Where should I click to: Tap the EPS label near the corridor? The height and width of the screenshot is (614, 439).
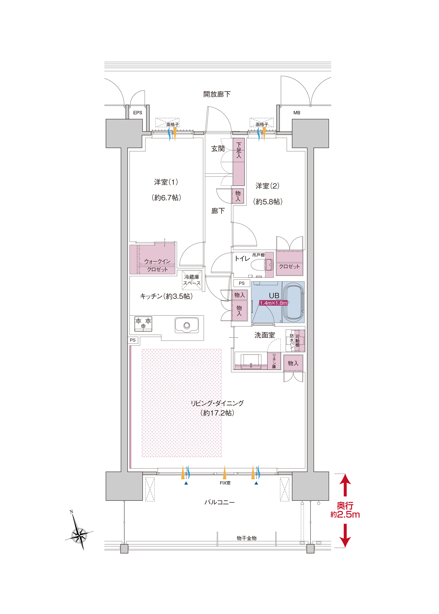click(x=138, y=113)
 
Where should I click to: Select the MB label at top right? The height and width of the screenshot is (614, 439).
click(x=297, y=113)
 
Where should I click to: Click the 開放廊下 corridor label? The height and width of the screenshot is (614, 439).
click(x=217, y=94)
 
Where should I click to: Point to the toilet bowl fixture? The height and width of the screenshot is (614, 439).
click(x=262, y=265)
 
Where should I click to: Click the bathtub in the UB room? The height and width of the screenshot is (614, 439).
click(x=294, y=302)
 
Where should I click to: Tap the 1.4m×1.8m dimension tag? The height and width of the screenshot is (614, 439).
click(x=273, y=303)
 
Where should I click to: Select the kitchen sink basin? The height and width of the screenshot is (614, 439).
click(x=187, y=325)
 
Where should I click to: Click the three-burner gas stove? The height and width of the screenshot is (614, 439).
click(x=143, y=324)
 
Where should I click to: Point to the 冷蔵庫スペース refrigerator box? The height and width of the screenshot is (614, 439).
click(x=192, y=280)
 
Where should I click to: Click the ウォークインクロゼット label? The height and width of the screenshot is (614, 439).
click(x=157, y=265)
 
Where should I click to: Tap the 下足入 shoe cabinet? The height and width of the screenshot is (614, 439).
click(x=239, y=162)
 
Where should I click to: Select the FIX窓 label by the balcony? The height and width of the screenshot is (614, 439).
click(x=225, y=483)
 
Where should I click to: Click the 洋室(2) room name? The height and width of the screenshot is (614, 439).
click(x=267, y=186)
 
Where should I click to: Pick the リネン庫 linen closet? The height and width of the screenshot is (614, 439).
click(x=274, y=361)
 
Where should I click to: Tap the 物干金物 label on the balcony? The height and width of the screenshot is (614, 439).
click(x=246, y=538)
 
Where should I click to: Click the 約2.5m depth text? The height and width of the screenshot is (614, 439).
click(x=345, y=515)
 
